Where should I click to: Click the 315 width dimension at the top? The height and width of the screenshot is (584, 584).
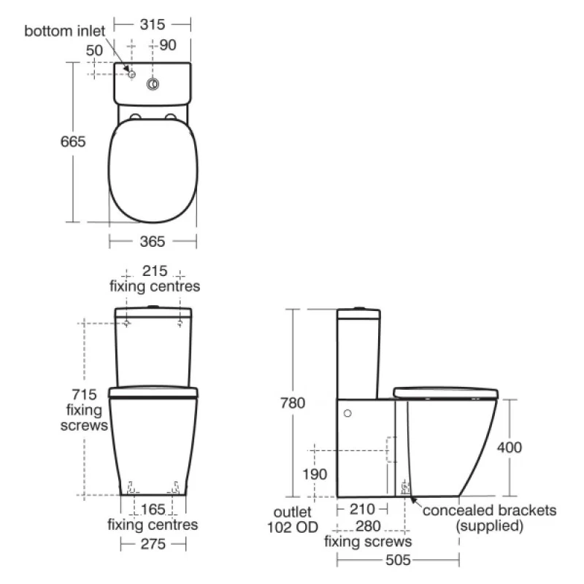tap(153, 25)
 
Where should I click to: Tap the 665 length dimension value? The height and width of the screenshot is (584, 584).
tap(73, 142)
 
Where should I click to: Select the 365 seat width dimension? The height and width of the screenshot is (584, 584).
tap(153, 242)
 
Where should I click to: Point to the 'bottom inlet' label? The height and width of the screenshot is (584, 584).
tap(64, 31)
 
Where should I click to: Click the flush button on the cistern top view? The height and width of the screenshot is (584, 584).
tap(153, 84)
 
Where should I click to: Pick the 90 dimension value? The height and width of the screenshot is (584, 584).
tap(168, 45)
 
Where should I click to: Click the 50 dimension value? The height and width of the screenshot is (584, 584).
tap(94, 50)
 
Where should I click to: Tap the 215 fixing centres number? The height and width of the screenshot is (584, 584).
tap(155, 271)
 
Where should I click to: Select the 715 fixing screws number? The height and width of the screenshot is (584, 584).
tap(84, 394)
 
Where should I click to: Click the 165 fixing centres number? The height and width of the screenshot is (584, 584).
tap(153, 509)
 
